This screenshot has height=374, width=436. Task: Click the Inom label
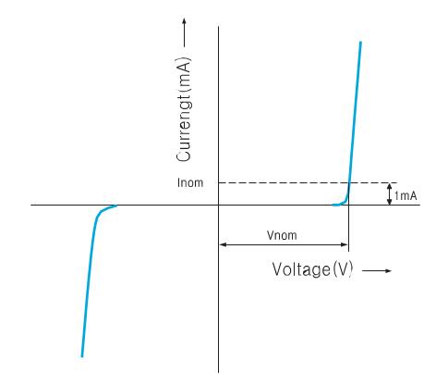pos(190,182)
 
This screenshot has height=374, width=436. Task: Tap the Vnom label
pos(282,235)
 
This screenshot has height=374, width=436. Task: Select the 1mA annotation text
pos(406,195)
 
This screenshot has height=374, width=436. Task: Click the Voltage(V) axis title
pos(312,269)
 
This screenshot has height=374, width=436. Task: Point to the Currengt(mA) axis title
pos(184,109)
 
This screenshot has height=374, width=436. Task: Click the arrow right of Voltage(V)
pos(377,270)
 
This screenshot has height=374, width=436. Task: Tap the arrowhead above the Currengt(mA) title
pos(184,21)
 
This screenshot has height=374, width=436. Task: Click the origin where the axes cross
pos(219,205)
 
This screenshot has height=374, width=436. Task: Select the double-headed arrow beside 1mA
pos(390,193)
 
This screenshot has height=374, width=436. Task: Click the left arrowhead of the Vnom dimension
pos(223,244)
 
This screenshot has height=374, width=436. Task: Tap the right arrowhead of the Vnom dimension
pos(345,244)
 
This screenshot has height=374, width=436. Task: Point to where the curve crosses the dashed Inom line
pos(349,183)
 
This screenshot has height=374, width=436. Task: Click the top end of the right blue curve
pos(360,42)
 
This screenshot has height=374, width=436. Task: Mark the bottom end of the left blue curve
pos(82,356)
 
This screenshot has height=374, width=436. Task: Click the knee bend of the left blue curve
pos(98,215)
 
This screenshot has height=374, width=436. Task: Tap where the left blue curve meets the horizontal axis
pos(116,206)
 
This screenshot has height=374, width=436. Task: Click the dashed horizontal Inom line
pos(308,183)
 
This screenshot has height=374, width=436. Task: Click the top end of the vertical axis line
pos(219,27)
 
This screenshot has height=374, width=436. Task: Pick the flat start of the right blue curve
pos(336,205)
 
